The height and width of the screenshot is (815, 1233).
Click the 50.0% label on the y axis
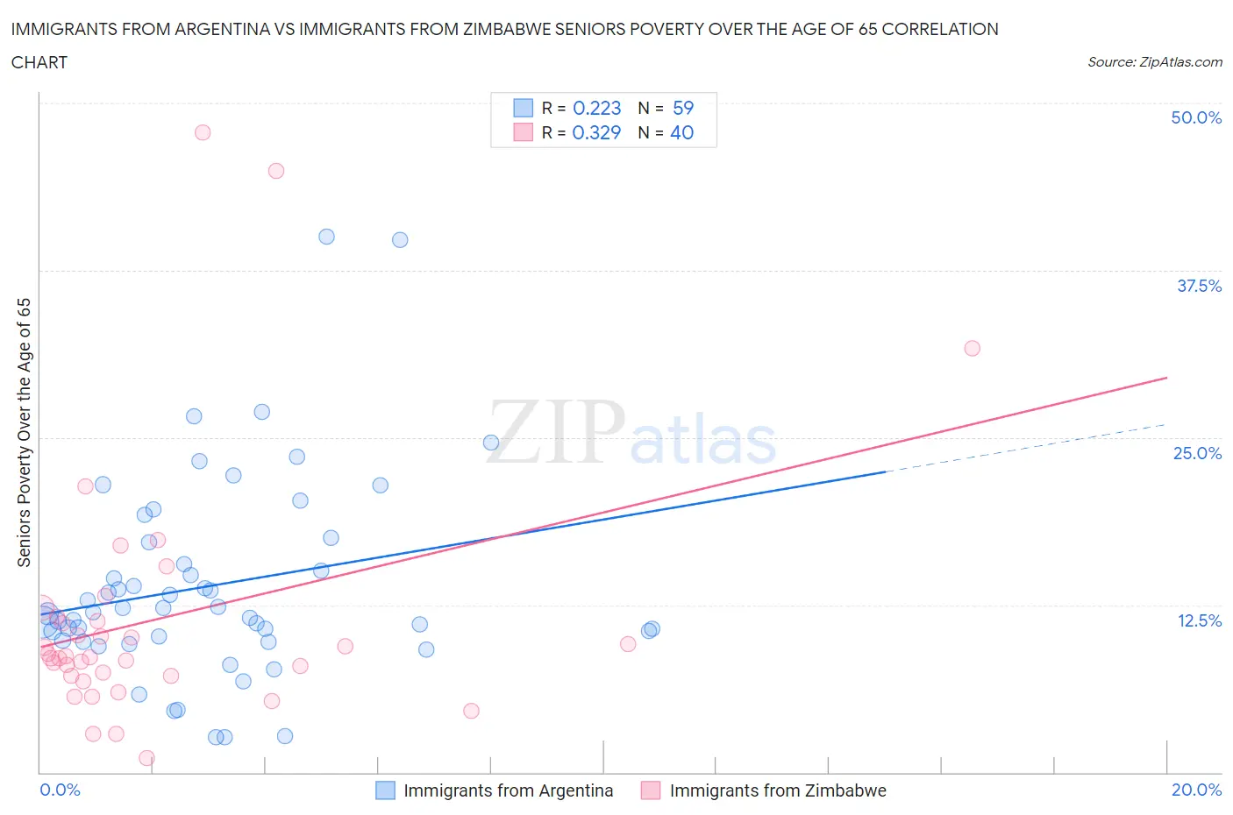click(x=1196, y=117)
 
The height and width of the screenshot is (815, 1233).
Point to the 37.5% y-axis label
click(x=1199, y=286)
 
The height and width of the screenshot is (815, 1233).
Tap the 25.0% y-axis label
click(x=1197, y=453)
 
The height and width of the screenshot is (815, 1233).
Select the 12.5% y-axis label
click(x=1199, y=620)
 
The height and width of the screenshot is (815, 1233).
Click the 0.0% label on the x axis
click(x=60, y=790)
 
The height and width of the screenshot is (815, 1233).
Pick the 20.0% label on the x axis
click(x=1196, y=790)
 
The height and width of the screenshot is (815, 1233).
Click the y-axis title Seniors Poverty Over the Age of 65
click(x=25, y=432)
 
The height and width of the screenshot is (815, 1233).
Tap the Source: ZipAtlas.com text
click(x=1154, y=62)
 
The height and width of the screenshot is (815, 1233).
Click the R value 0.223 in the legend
click(x=596, y=108)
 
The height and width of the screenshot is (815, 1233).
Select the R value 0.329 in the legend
click(x=596, y=132)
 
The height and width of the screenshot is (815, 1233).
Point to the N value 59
click(x=683, y=108)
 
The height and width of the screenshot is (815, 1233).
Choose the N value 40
click(x=682, y=132)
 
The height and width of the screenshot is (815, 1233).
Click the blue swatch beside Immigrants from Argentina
click(x=385, y=790)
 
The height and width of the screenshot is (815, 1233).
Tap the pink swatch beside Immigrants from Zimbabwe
click(x=651, y=790)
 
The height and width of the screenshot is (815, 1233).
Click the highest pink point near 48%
click(x=203, y=132)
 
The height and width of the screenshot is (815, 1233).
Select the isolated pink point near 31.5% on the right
click(x=972, y=348)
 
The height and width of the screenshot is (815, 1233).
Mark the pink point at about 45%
click(x=276, y=171)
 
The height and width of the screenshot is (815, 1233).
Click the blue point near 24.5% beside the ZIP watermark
click(x=491, y=443)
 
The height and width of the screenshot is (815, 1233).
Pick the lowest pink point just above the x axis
click(x=146, y=758)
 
